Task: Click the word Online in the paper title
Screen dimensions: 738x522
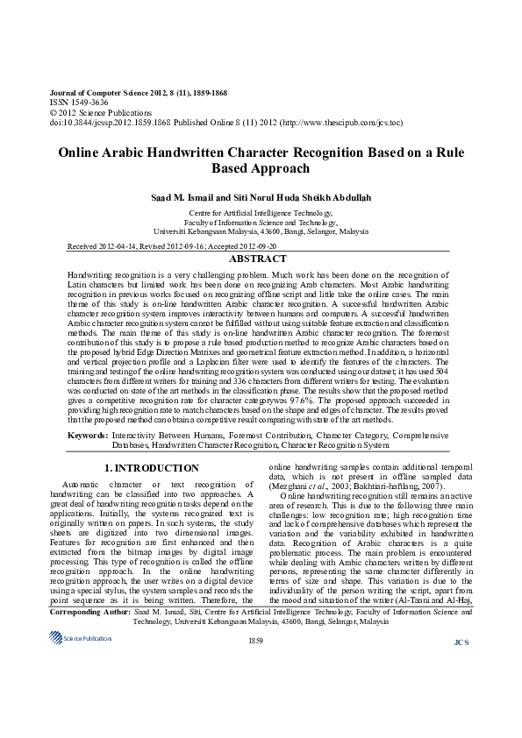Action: coord(81,152)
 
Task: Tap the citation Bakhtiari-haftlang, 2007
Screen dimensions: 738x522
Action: coord(404,487)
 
